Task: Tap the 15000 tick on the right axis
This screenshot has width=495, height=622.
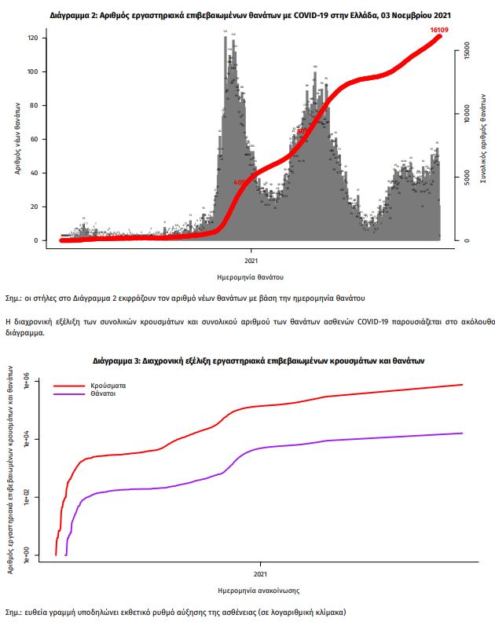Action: [467, 52]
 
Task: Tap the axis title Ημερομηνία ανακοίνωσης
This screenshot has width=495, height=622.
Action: [258, 590]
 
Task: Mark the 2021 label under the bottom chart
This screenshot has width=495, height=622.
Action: [260, 564]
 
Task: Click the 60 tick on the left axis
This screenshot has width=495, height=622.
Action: [35, 139]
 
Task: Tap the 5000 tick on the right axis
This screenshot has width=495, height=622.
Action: [467, 177]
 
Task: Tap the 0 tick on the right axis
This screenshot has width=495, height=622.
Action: [467, 240]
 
